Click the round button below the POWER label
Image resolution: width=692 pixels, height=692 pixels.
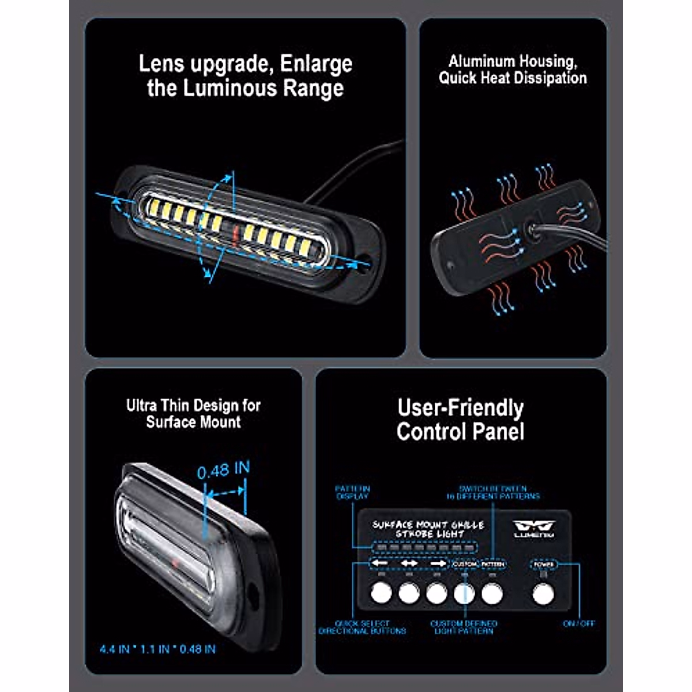[x=542, y=593]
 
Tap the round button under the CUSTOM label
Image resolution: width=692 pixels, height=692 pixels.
[x=464, y=592]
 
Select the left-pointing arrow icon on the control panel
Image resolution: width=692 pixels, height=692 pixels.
[x=380, y=563]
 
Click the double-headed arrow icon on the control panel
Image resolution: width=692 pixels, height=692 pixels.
[x=409, y=563]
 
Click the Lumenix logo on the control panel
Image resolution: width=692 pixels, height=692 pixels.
[x=534, y=528]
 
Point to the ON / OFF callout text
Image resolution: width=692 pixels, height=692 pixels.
[x=578, y=623]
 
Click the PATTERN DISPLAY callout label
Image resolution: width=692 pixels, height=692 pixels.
[x=352, y=492]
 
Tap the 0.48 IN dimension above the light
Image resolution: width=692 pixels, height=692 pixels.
[x=223, y=470]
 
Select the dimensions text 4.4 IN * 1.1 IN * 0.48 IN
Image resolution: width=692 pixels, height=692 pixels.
[x=157, y=649]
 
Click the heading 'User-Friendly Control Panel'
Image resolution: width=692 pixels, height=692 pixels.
[x=460, y=420]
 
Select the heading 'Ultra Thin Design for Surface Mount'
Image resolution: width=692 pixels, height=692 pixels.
[x=193, y=413]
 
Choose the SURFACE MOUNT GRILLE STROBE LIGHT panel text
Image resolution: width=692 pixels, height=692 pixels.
[x=428, y=529]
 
